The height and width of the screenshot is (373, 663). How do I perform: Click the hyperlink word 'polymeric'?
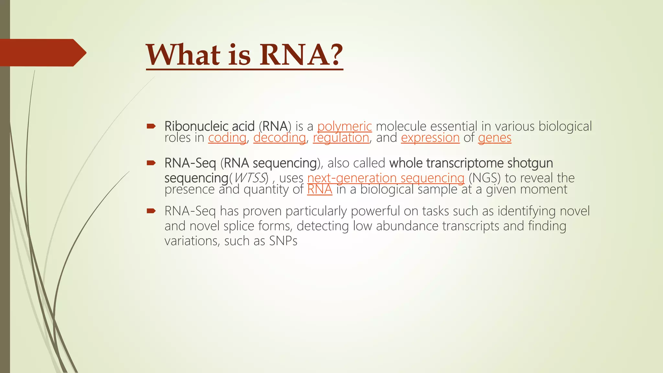click(344, 126)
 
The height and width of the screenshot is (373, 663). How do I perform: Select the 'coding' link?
click(227, 138)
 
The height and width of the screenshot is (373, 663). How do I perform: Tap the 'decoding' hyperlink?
click(279, 138)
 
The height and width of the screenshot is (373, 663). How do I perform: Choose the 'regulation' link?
click(341, 138)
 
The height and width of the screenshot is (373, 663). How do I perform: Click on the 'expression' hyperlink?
click(430, 138)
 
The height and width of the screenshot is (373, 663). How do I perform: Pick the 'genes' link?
click(494, 138)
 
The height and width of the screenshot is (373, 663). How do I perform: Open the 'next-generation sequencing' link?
click(386, 178)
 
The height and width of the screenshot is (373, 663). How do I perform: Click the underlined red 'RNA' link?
click(320, 189)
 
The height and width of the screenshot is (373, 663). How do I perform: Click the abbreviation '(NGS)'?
click(484, 178)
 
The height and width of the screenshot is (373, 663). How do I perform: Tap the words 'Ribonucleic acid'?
click(209, 126)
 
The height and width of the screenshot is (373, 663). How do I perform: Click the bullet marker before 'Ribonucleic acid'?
click(151, 126)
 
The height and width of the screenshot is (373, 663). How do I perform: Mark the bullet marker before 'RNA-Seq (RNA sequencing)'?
click(151, 163)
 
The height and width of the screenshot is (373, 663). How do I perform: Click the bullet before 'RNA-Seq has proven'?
click(151, 211)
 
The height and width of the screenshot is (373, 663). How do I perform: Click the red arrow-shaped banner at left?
click(42, 53)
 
